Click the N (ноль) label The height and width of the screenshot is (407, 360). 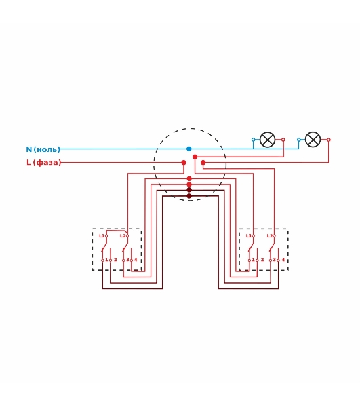tap(43, 149)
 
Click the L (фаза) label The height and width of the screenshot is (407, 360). tap(43, 163)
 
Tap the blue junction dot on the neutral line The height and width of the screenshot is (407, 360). tap(189, 149)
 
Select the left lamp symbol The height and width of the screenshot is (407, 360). tap(267, 140)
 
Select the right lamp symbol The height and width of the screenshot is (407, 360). tap(313, 140)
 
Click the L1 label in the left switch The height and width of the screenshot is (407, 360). tap(102, 235)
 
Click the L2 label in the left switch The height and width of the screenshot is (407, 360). tap(123, 235)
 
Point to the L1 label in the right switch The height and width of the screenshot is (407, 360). tap(248, 235)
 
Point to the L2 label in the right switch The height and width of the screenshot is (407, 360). tap(270, 235)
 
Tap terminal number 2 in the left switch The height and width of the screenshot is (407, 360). tap(115, 260)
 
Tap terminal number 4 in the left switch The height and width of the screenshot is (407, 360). tap(136, 260)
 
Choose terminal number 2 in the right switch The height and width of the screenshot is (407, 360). tap(262, 260)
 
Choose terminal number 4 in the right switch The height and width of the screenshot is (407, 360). tap(283, 260)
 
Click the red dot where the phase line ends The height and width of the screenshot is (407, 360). tap(184, 163)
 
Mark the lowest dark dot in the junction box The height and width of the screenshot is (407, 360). tap(189, 196)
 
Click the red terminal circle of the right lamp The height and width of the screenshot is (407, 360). tap(329, 140)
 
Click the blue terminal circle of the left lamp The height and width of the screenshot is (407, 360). tap(253, 140)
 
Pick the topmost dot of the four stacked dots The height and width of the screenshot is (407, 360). tap(189, 178)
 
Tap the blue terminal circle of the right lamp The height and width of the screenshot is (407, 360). tap(299, 140)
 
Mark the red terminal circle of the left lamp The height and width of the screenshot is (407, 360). tap(283, 140)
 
